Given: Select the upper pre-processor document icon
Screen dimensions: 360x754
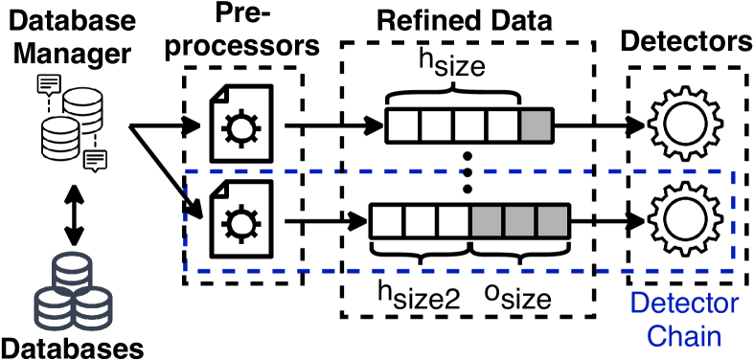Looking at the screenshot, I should pyautogui.click(x=236, y=124).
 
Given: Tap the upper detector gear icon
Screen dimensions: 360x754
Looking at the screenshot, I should pyautogui.click(x=676, y=124).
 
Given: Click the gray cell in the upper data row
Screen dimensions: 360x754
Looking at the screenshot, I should pyautogui.click(x=536, y=125).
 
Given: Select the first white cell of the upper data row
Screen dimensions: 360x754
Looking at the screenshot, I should pyautogui.click(x=401, y=125).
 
